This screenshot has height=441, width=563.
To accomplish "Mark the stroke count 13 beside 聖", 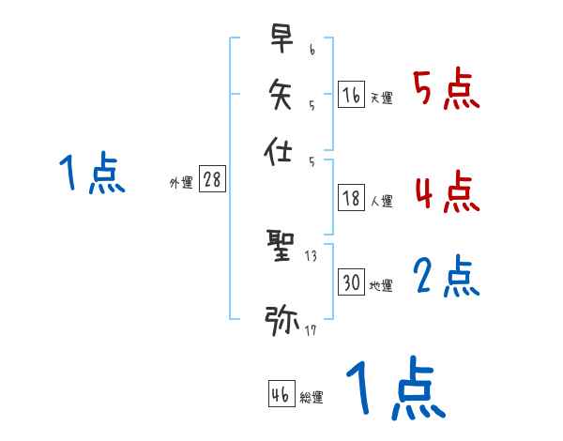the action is click(311, 256).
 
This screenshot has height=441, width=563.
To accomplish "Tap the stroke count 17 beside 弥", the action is click(310, 330).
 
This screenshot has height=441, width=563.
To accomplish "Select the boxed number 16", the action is click(351, 94).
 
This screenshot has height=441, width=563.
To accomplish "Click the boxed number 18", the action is click(351, 198).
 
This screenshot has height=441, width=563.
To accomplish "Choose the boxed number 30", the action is click(351, 282).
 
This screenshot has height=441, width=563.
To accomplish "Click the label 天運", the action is click(381, 98).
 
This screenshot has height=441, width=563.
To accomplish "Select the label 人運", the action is click(381, 201).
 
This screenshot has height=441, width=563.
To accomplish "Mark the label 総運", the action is click(312, 398).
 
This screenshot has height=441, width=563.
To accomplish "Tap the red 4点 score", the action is click(446, 192).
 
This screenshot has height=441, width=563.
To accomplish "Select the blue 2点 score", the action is click(446, 277).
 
